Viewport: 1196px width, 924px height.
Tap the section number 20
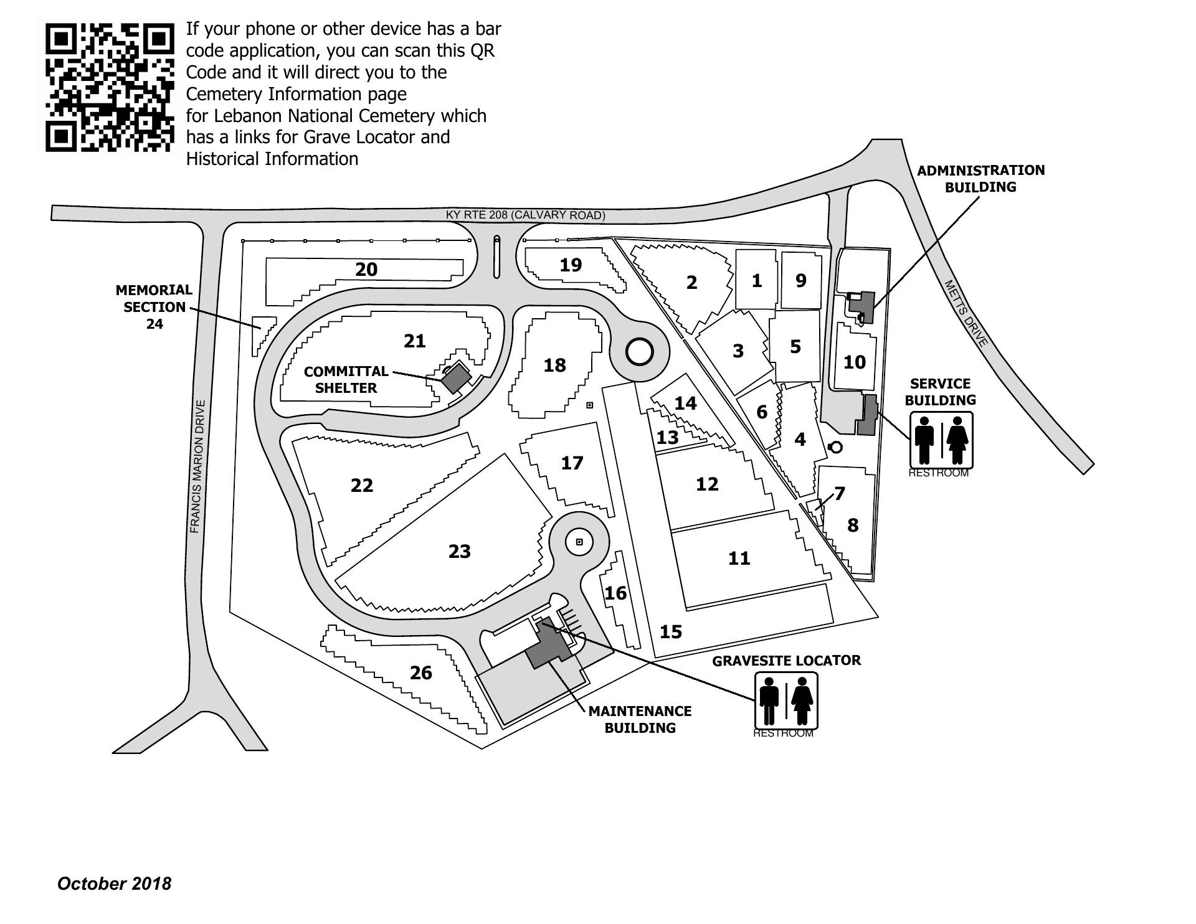[366, 270]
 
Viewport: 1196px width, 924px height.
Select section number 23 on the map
[460, 551]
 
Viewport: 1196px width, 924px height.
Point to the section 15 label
[671, 632]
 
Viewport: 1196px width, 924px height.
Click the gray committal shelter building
[456, 378]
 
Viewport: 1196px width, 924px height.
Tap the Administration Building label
[980, 179]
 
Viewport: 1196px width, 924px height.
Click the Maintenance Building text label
[640, 719]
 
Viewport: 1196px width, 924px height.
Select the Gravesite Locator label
[786, 661]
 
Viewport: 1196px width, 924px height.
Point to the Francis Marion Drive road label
[196, 466]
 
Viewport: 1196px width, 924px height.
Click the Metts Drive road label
[966, 313]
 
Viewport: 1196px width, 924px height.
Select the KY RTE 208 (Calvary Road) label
[525, 215]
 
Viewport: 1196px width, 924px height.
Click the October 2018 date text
[114, 884]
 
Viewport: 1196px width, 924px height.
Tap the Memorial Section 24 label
[154, 306]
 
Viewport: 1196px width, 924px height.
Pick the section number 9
[801, 280]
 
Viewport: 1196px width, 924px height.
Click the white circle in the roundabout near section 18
[639, 352]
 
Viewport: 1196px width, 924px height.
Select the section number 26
[421, 672]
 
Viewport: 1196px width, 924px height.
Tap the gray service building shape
[867, 415]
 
